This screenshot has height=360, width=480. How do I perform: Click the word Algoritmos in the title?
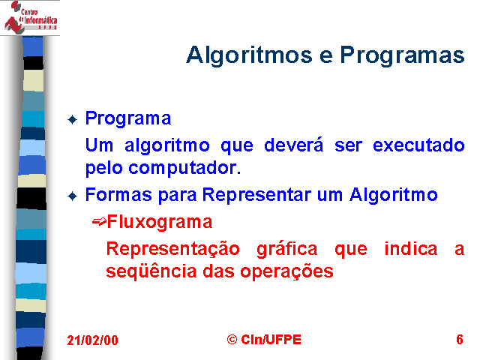[x=249, y=55]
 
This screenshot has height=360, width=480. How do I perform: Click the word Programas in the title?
[x=402, y=55]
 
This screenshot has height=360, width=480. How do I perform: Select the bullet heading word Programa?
[x=128, y=118]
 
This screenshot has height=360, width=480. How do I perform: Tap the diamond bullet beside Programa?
[x=73, y=119]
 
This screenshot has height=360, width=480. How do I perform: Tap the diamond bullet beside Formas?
[x=73, y=196]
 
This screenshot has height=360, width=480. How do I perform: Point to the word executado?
[x=418, y=145]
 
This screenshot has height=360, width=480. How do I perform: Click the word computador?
[x=184, y=168]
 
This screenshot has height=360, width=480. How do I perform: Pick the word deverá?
[x=293, y=145]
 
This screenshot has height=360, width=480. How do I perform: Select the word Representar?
[x=256, y=195]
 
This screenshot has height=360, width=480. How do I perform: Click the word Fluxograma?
[x=160, y=222]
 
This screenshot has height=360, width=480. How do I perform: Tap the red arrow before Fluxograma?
[x=99, y=221]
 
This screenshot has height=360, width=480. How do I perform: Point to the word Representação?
[x=173, y=250]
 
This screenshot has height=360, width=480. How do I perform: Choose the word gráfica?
[x=286, y=250]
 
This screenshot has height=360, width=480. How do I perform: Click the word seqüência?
[x=151, y=271]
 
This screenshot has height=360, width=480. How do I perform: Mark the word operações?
[x=286, y=271]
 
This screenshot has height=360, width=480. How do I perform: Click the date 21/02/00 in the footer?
[x=92, y=340]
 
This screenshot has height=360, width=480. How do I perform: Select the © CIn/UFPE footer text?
[x=264, y=340]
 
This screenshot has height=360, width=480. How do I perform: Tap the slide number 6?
[x=460, y=340]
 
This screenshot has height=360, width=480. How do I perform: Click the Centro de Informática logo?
[x=30, y=17]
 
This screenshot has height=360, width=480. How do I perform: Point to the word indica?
[x=411, y=248]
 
